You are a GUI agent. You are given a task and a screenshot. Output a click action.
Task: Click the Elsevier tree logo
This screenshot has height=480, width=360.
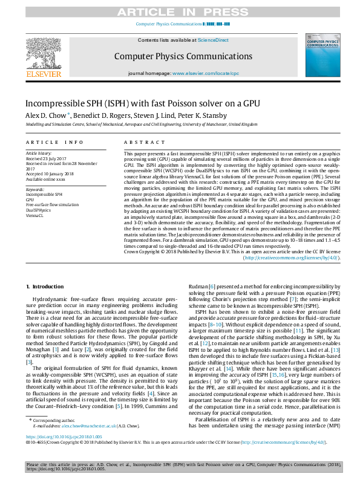coord(44,55)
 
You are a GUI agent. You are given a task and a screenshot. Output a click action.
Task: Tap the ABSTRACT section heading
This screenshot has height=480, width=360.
coord(139,142)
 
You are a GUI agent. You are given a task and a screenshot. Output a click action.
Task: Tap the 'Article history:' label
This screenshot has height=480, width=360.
coord(39,154)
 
